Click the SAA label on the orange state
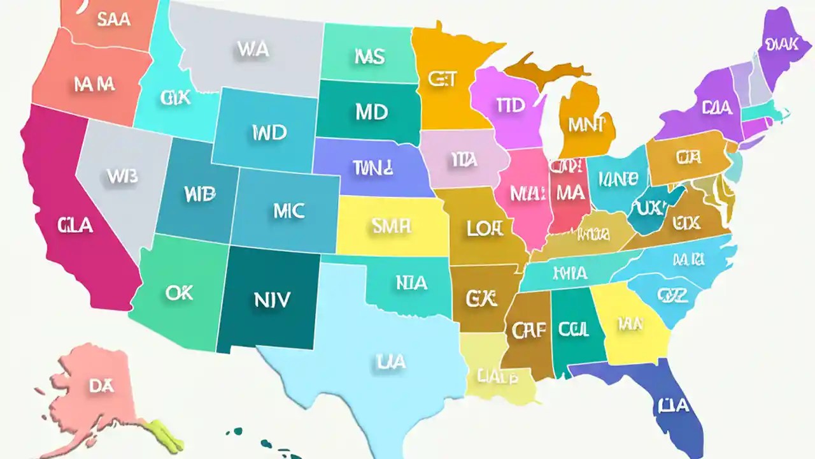pyautogui.click(x=113, y=19)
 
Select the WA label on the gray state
pyautogui.click(x=252, y=49)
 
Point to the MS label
pyautogui.click(x=369, y=57)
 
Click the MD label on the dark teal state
pyautogui.click(x=371, y=112)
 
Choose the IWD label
pyautogui.click(x=269, y=133)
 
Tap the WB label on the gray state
pyautogui.click(x=122, y=176)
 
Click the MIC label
pyautogui.click(x=288, y=211)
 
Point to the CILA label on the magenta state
pyautogui.click(x=74, y=225)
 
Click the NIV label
pyautogui.click(x=272, y=299)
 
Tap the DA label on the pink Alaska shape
pyautogui.click(x=101, y=385)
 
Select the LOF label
pyautogui.click(x=485, y=229)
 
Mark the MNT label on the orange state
pyautogui.click(x=586, y=125)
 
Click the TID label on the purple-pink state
pyautogui.click(x=510, y=105)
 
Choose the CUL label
pyautogui.click(x=573, y=330)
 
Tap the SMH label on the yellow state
pyautogui.click(x=390, y=225)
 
